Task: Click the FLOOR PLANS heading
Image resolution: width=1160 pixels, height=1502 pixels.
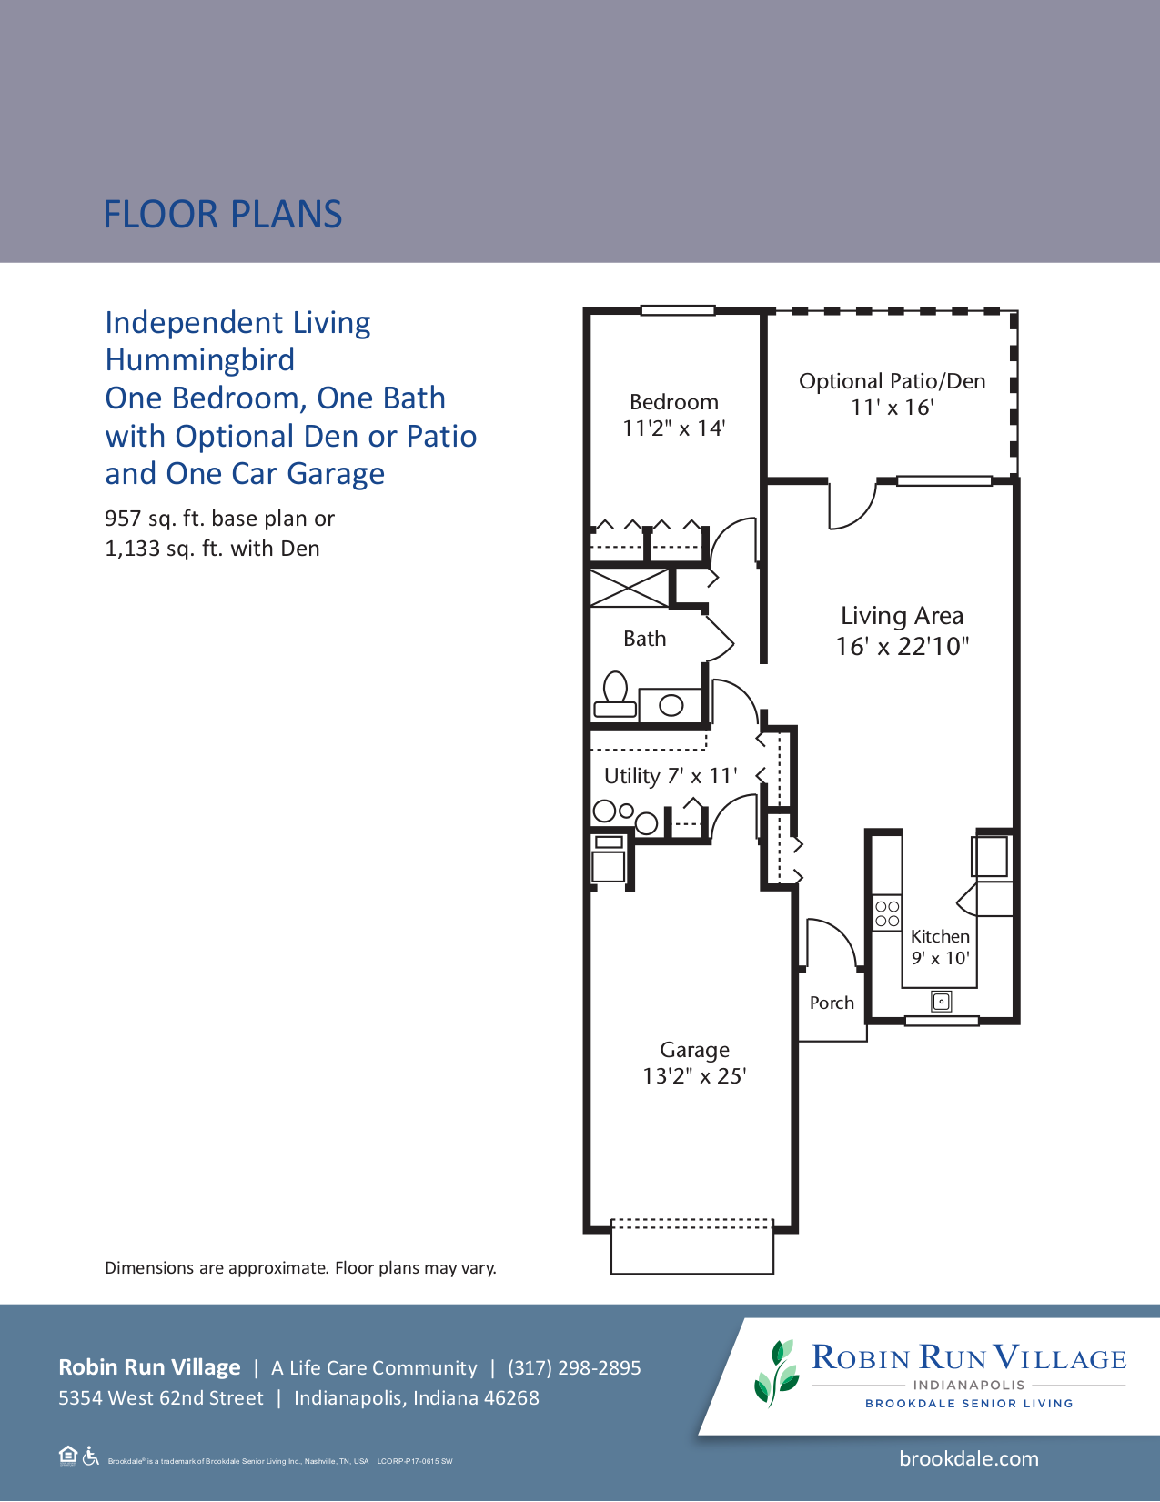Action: pyautogui.click(x=222, y=215)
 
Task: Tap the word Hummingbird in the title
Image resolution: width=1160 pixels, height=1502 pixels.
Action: pyautogui.click(x=199, y=359)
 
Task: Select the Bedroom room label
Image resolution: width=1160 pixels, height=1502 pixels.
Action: pyautogui.click(x=673, y=402)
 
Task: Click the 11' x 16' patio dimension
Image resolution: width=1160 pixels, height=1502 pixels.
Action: pyautogui.click(x=892, y=408)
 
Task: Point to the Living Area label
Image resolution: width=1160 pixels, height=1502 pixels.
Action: pyautogui.click(x=902, y=616)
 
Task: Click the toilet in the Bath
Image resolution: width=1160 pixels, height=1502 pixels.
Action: pyautogui.click(x=616, y=697)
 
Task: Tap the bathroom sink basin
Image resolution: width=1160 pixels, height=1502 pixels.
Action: pyautogui.click(x=671, y=705)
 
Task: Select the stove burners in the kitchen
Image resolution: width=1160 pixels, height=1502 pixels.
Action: pyautogui.click(x=887, y=913)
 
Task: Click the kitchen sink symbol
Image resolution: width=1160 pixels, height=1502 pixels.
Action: pyautogui.click(x=942, y=1002)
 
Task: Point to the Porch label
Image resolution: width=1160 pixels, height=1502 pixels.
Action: pyautogui.click(x=832, y=1003)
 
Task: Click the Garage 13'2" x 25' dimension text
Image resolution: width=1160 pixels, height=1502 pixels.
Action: pyautogui.click(x=694, y=1076)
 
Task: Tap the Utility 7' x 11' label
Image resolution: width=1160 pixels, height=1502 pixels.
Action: pyautogui.click(x=671, y=776)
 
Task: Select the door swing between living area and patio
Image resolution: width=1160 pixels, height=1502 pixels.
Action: pyautogui.click(x=852, y=506)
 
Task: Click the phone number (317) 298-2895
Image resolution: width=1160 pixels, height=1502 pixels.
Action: pyautogui.click(x=574, y=1367)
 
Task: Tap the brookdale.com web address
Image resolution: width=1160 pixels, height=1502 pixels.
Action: pyautogui.click(x=968, y=1458)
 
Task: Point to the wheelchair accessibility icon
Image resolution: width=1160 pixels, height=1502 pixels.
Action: pyautogui.click(x=90, y=1457)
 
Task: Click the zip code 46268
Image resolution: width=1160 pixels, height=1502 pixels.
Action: pyautogui.click(x=510, y=1397)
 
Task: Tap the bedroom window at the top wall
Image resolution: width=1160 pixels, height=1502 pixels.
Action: pyautogui.click(x=678, y=310)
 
